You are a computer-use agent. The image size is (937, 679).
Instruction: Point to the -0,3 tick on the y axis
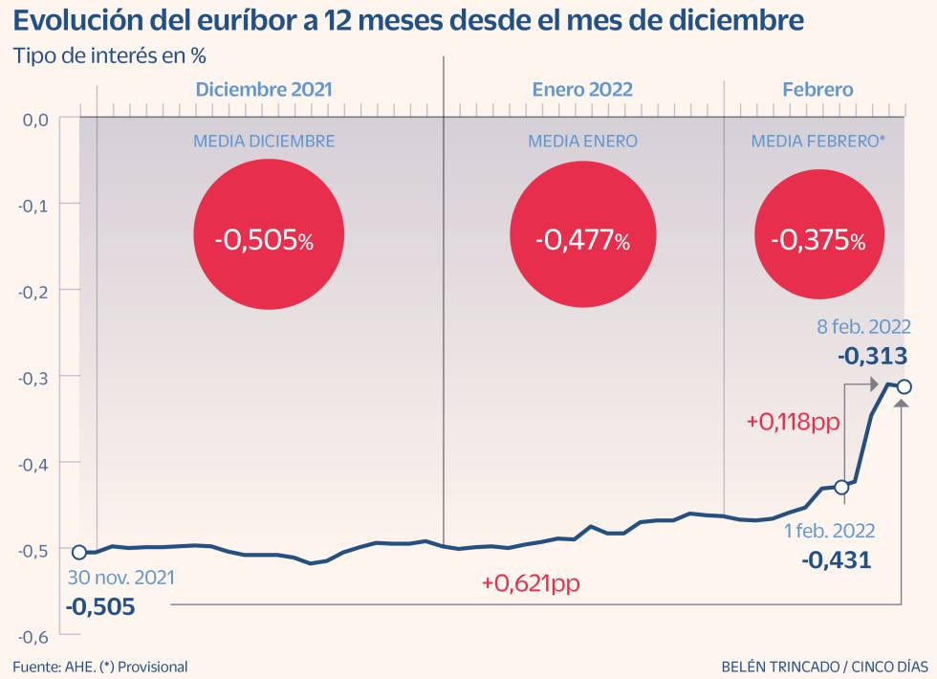tap(35, 377)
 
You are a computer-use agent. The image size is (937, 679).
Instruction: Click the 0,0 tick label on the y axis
tap(35, 120)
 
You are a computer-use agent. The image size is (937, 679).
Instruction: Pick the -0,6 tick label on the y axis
tap(35, 636)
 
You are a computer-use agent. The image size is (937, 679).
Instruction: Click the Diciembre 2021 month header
tap(264, 89)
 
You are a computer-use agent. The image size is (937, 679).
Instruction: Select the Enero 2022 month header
tap(582, 89)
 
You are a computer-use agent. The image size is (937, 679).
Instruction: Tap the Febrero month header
tap(817, 89)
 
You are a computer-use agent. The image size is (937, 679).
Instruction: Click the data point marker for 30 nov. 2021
tap(79, 552)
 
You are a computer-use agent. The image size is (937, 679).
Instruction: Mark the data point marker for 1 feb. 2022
tap(841, 487)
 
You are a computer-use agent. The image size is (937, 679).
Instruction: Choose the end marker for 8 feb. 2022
tap(904, 386)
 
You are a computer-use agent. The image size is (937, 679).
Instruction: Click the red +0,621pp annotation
tap(531, 583)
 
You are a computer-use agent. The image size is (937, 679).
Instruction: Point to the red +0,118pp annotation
tap(793, 421)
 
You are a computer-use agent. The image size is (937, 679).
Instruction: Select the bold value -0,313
tap(872, 356)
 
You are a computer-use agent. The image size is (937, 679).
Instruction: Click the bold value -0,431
tap(838, 559)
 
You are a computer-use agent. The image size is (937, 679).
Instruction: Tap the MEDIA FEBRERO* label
tap(817, 142)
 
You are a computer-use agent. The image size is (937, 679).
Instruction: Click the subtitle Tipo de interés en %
tap(110, 55)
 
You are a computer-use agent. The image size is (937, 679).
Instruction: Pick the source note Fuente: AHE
tap(100, 666)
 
